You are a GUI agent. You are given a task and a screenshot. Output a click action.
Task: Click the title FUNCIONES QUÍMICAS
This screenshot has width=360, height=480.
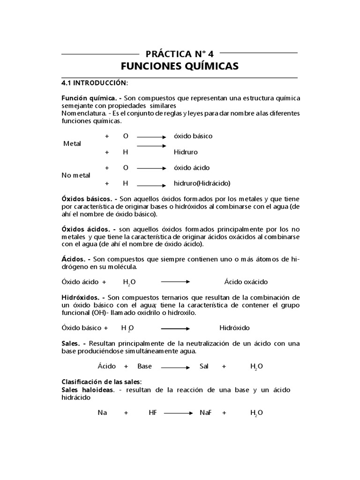180,66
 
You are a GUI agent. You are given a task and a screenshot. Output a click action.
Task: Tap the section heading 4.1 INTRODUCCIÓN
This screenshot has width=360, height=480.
94,83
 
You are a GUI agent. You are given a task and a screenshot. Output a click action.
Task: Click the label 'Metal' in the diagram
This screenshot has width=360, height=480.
72,143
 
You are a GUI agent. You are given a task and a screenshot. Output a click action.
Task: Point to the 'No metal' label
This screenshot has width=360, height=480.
76,175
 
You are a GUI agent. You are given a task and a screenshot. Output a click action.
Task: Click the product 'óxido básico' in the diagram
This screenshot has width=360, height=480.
193,136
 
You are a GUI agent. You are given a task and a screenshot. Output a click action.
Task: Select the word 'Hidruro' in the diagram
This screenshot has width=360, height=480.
186,152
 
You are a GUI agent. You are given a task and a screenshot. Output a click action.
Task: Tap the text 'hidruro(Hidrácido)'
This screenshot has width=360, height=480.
202,183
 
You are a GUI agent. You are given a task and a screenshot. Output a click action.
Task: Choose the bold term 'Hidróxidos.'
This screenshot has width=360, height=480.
82,297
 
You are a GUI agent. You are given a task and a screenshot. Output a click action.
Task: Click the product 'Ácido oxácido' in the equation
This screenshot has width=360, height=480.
246,282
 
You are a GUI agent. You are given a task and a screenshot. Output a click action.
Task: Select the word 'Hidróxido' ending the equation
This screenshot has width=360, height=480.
234,328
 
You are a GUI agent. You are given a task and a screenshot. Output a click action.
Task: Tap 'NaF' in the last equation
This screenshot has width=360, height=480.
205,412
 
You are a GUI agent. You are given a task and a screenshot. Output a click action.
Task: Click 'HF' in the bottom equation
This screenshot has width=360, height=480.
152,412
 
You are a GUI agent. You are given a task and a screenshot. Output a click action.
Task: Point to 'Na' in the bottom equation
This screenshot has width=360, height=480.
102,412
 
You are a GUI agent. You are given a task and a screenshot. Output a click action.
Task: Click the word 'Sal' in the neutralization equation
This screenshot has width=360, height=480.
203,366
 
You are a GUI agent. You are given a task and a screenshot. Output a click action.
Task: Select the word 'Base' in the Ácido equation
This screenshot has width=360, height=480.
144,366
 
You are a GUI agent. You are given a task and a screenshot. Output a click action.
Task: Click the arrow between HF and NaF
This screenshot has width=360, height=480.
179,413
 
